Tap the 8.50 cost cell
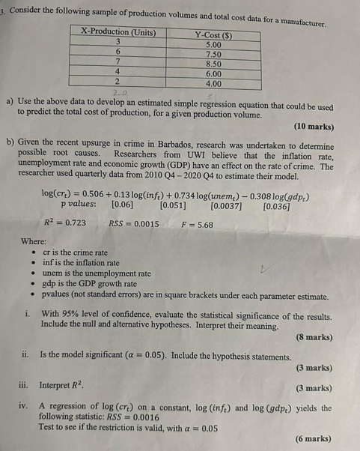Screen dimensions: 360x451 (213, 65)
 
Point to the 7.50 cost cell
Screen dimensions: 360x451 (213, 55)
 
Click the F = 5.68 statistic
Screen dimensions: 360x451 (198, 223)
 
